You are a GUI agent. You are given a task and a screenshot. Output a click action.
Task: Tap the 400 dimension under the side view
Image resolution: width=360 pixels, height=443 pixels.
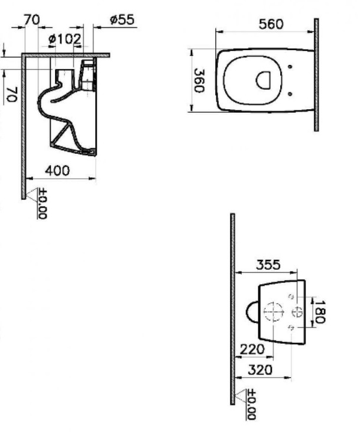(57, 170)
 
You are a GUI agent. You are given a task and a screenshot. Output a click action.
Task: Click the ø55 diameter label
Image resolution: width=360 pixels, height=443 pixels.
(122, 19)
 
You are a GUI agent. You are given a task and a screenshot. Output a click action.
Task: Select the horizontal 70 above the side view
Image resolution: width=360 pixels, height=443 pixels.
(32, 19)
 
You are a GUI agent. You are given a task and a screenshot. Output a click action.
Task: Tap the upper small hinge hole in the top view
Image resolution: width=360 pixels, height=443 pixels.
(290, 67)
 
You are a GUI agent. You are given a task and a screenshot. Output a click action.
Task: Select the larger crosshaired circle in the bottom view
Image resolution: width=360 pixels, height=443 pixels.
(273, 311)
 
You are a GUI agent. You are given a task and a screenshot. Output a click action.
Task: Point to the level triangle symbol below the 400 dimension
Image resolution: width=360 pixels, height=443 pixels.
(33, 193)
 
